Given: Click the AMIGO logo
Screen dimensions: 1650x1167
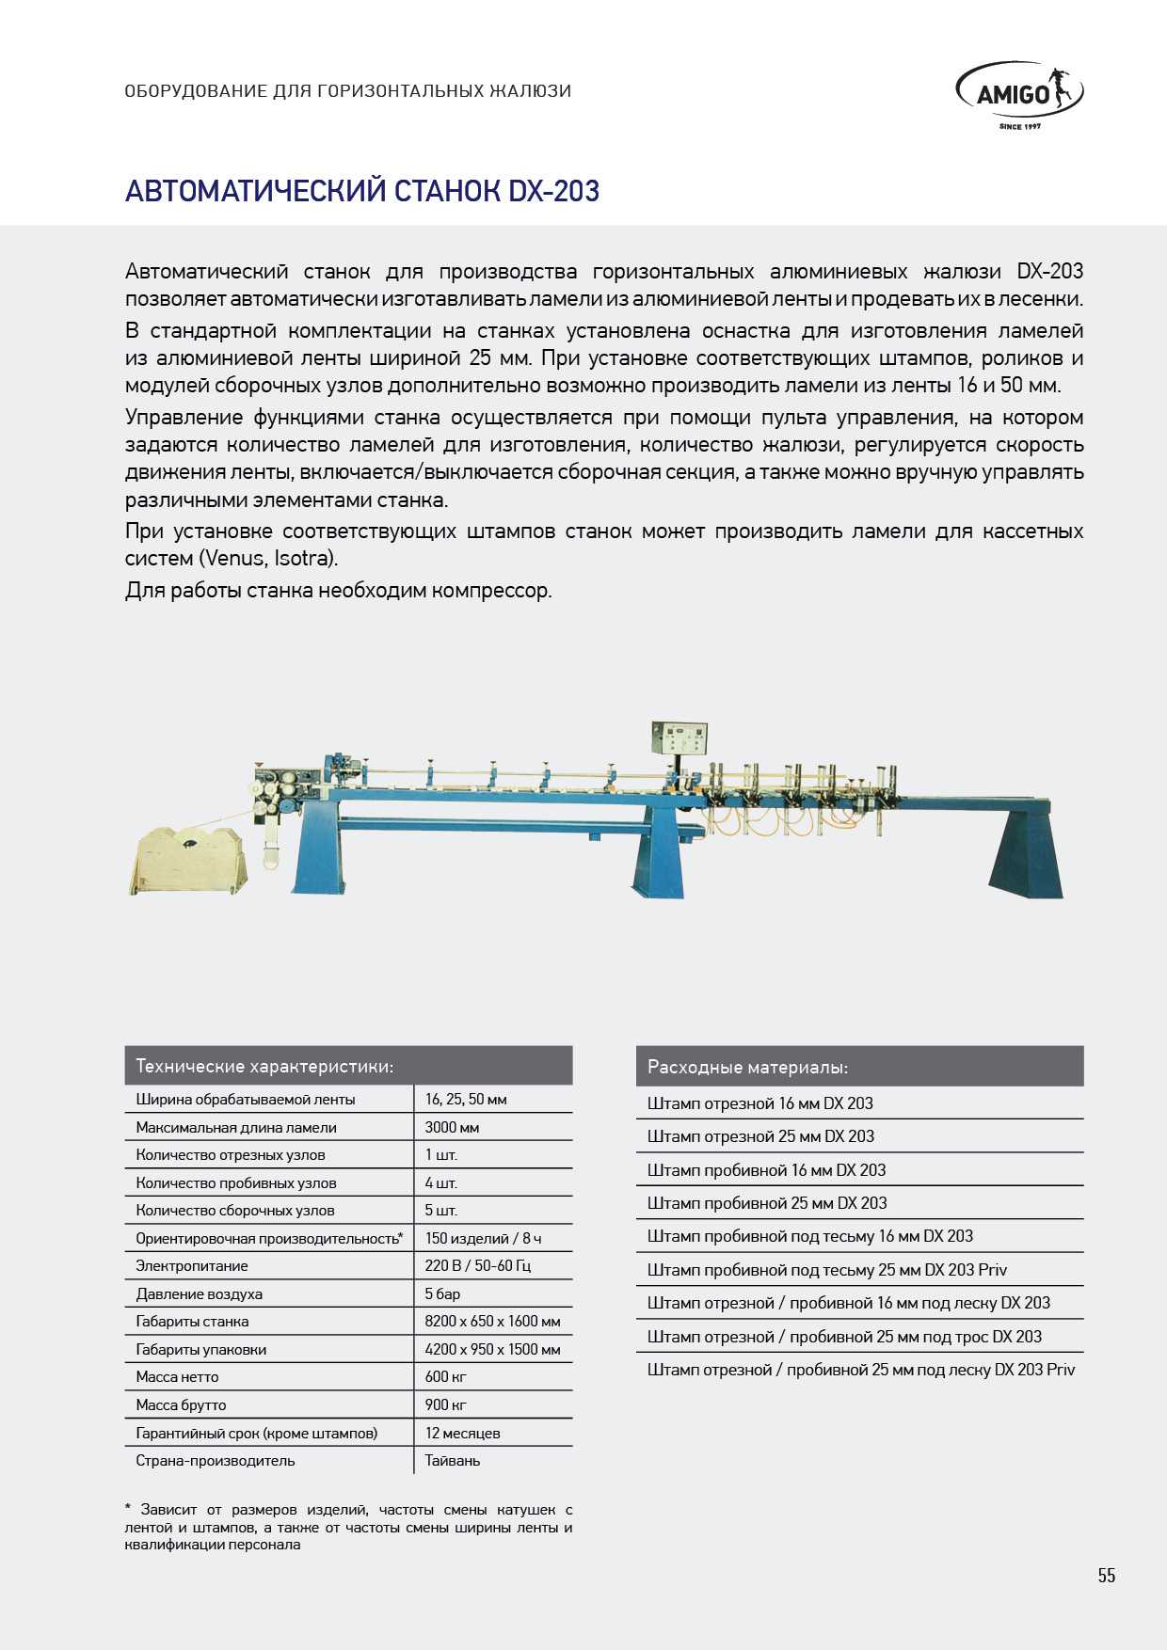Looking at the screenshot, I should coord(1019,94).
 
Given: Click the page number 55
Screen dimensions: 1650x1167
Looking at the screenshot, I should coord(1106,1576).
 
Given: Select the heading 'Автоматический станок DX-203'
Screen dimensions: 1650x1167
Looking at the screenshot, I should coord(362,191).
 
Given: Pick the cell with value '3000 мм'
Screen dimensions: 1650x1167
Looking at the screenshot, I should coord(452,1127).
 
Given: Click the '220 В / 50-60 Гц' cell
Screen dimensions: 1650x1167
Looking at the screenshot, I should coord(477,1265).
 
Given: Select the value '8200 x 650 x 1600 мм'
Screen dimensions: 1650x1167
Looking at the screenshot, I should coord(492,1321).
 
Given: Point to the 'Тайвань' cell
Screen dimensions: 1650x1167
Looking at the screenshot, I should coord(452,1460).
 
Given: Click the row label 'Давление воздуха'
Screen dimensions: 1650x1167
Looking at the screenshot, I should coord(199,1293).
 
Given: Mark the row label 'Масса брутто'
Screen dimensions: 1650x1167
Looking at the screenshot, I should coord(181,1404).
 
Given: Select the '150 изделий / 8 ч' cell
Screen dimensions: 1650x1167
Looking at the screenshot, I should coord(483,1238).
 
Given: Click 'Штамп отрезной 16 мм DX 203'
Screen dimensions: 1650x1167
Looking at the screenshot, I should coord(759,1103).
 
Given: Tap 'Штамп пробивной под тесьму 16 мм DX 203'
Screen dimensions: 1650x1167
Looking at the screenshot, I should coord(809,1236).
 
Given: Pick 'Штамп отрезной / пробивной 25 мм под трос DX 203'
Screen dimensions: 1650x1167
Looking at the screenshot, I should coord(844,1336).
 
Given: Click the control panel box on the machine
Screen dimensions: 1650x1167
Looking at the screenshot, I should coord(679,737).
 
